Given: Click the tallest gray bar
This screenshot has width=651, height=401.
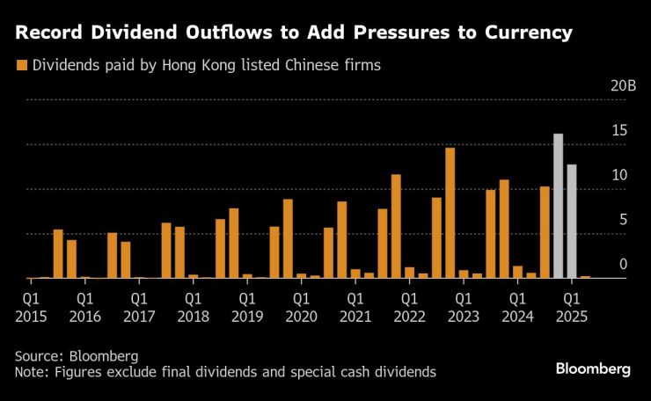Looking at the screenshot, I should click(x=558, y=206).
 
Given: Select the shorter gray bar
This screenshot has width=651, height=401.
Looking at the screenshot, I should click(x=572, y=221).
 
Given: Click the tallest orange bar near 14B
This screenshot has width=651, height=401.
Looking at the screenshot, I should click(x=450, y=213).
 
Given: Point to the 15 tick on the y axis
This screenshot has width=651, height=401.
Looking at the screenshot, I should click(x=619, y=131).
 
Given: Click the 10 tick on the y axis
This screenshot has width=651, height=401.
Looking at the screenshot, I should click(x=619, y=176).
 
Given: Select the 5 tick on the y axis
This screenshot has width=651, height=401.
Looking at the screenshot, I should click(x=623, y=220).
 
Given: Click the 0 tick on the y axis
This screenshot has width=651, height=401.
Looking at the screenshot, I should click(x=623, y=265).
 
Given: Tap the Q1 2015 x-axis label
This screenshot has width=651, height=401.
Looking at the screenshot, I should click(x=31, y=306).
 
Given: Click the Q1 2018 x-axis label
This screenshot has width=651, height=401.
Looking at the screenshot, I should click(x=192, y=306).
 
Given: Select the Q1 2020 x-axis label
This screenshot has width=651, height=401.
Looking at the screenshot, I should click(x=300, y=306).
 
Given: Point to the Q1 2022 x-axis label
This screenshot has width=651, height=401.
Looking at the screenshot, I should click(x=408, y=306).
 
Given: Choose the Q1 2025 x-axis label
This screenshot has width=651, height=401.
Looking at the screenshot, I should click(x=570, y=306).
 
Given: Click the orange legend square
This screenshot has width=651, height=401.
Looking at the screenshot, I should click(x=21, y=65).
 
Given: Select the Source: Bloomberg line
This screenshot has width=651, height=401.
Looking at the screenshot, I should click(x=77, y=356).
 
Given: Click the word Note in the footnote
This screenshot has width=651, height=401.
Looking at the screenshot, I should click(x=32, y=372).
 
